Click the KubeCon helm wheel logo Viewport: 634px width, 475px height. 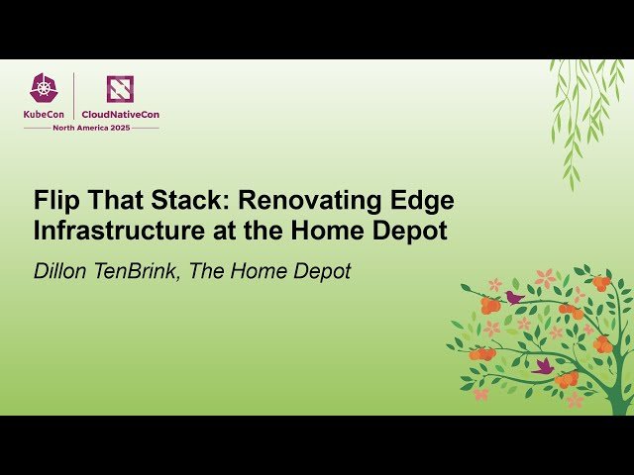[45, 89]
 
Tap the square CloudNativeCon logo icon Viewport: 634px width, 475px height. [120, 89]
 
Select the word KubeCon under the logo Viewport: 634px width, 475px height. [45, 115]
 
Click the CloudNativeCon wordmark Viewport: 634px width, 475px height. [120, 115]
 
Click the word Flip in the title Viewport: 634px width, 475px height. [57, 202]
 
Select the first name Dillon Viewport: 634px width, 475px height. [64, 270]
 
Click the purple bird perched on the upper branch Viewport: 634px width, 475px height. [514, 297]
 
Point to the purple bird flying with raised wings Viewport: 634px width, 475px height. [543, 365]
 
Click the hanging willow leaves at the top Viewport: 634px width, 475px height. [580, 109]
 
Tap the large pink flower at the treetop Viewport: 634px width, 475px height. [545, 279]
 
